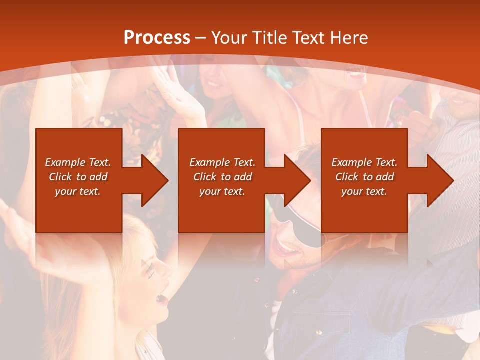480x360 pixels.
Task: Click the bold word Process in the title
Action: tap(157, 38)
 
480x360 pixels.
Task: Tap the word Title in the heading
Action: tap(270, 38)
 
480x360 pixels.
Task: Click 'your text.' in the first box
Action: tap(78, 191)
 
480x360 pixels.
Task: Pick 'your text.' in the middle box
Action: tap(222, 191)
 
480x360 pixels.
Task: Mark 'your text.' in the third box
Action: tap(364, 191)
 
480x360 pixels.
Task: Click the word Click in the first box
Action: tap(60, 177)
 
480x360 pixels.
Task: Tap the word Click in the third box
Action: tap(347, 177)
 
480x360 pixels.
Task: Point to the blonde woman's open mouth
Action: tap(161, 299)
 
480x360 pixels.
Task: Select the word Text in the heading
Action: tap(308, 38)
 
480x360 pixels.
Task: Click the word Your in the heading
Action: tap(230, 38)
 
